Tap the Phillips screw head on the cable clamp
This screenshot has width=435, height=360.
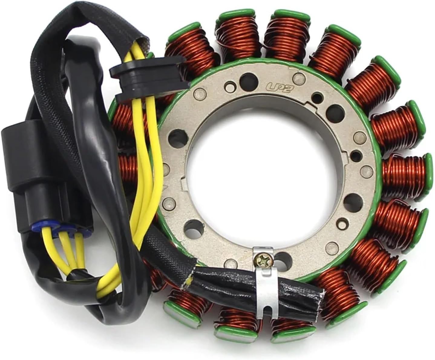tap(261, 257)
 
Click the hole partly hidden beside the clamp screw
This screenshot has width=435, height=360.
tap(281, 259)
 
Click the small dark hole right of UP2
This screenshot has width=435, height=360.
tap(317, 97)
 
